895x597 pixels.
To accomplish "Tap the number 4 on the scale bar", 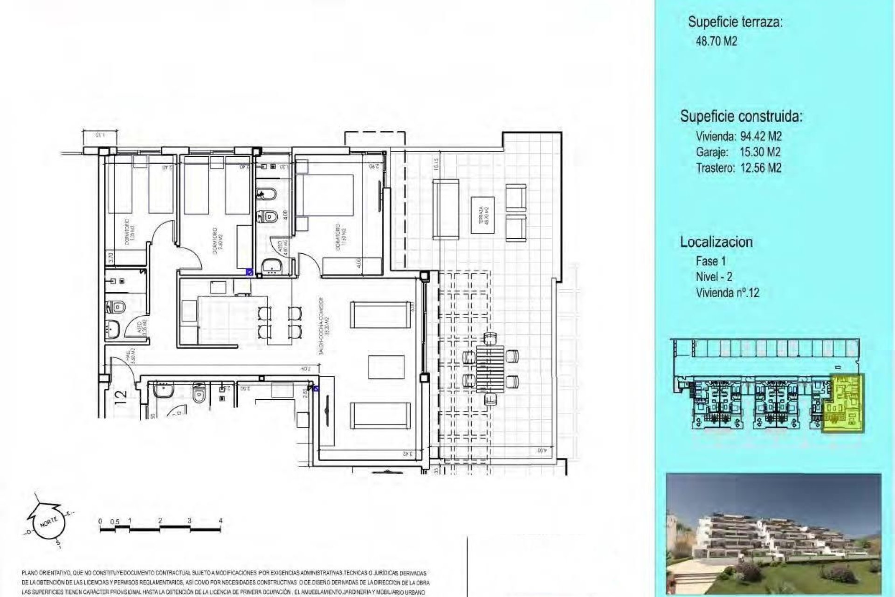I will (x=220, y=521).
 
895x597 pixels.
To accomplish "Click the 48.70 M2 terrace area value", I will (x=716, y=41).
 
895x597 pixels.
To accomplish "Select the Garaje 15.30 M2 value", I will (x=760, y=152).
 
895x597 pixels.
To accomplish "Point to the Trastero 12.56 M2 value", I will (x=761, y=168).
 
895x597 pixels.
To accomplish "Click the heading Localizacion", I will (x=716, y=242).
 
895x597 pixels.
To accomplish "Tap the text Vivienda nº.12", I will (x=727, y=293).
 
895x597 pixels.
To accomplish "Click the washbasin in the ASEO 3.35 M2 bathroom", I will (x=113, y=330).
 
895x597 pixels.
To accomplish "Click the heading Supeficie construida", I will (x=741, y=116).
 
